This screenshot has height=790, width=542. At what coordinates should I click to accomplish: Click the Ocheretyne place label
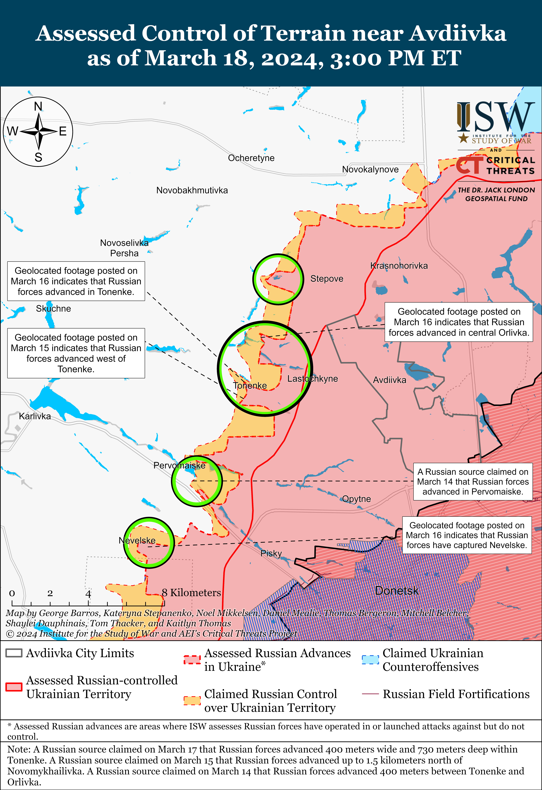(251, 158)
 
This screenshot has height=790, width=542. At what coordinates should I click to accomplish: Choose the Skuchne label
(53, 309)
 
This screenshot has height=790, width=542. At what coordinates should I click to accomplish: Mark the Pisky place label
(271, 553)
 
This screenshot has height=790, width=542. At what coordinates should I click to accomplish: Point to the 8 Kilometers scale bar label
(191, 593)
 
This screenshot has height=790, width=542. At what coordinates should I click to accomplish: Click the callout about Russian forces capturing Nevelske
(467, 535)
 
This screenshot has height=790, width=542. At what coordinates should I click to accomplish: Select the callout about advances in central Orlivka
(459, 322)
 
